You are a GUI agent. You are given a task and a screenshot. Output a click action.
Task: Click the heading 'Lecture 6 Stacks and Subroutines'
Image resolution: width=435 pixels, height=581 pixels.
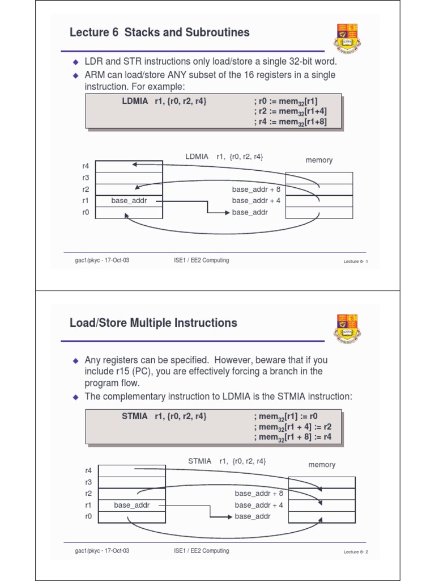click(159, 33)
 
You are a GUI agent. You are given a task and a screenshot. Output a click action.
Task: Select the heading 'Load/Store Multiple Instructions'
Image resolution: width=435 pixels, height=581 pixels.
click(153, 323)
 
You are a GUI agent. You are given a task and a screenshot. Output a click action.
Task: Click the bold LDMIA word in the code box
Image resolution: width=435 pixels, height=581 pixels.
click(134, 101)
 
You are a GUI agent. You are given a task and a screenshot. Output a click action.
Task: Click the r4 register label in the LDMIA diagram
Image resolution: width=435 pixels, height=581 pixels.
click(86, 166)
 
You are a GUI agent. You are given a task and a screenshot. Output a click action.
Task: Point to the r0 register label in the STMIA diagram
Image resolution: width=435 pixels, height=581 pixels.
click(88, 516)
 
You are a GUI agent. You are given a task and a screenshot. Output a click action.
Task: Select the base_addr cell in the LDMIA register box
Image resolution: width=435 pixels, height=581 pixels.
click(129, 201)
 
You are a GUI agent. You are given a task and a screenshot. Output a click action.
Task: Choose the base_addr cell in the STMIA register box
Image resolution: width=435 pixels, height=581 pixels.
click(132, 505)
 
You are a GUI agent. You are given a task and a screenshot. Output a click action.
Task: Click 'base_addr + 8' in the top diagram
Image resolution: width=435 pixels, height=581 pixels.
click(256, 190)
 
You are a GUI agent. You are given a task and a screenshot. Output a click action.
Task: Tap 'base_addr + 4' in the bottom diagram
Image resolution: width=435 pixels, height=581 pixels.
click(259, 505)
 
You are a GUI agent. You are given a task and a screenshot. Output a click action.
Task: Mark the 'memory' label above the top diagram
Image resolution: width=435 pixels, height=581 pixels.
click(319, 161)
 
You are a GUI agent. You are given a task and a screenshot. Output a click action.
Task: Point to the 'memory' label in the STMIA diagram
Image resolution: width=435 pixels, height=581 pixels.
click(322, 465)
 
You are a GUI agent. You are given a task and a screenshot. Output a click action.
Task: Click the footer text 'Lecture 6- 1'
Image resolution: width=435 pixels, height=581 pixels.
click(356, 262)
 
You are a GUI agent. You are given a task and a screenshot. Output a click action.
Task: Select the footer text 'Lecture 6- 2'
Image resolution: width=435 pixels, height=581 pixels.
click(356, 552)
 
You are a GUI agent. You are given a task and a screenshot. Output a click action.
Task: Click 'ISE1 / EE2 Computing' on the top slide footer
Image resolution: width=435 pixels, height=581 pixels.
click(202, 260)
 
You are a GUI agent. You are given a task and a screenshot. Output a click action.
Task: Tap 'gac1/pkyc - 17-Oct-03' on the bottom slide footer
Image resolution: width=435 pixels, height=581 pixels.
click(102, 551)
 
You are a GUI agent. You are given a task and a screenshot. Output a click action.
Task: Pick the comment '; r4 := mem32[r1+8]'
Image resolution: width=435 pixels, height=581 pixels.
click(291, 121)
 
